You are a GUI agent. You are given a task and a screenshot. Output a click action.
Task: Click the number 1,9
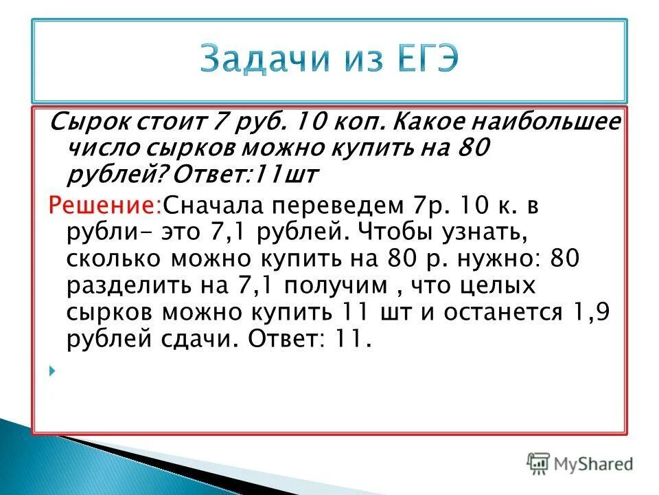[591, 313]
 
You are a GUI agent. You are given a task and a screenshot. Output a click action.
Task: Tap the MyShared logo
[581, 463]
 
